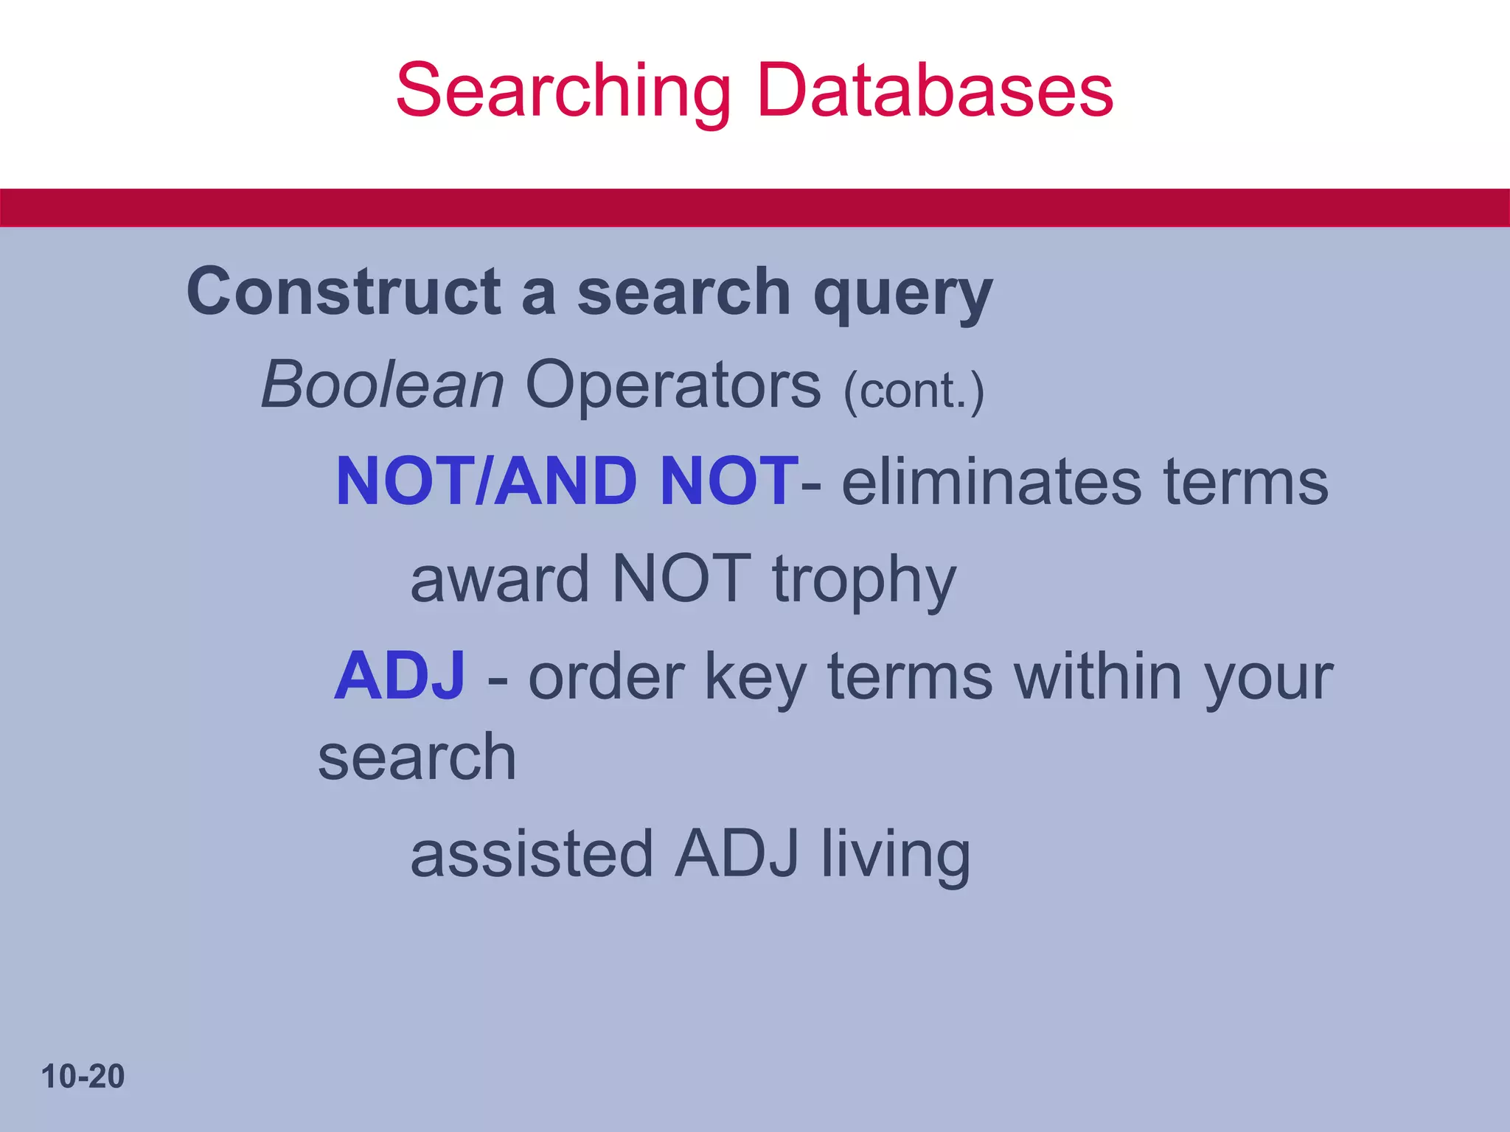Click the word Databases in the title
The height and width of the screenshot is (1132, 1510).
935,91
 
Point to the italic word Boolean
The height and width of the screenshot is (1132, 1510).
383,385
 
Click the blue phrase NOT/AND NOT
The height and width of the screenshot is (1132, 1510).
566,482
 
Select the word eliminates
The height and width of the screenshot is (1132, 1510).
992,482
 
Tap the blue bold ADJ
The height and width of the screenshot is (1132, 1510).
400,677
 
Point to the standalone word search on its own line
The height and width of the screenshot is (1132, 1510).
417,758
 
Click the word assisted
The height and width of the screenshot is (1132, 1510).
532,854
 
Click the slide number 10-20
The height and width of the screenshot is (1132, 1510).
83,1077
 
